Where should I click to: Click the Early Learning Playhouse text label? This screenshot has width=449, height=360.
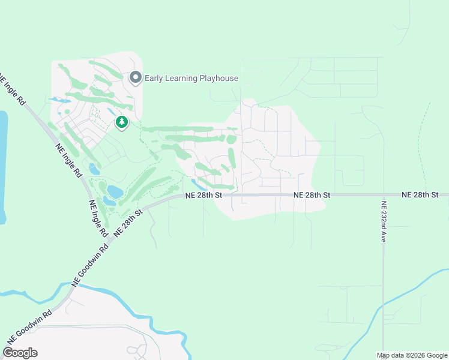(191, 78)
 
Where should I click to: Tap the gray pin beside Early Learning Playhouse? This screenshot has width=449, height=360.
(136, 77)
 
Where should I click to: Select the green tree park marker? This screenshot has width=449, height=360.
(122, 123)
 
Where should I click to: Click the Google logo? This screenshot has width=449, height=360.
(20, 353)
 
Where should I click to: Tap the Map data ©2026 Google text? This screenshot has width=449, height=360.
(412, 355)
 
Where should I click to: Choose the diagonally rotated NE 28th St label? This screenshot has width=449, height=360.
(127, 223)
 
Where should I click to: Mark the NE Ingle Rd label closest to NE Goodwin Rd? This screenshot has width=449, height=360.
(98, 217)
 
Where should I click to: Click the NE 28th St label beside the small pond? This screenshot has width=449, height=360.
(204, 195)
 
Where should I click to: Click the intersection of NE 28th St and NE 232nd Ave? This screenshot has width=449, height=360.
(383, 195)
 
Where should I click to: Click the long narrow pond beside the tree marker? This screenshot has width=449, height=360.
(112, 112)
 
